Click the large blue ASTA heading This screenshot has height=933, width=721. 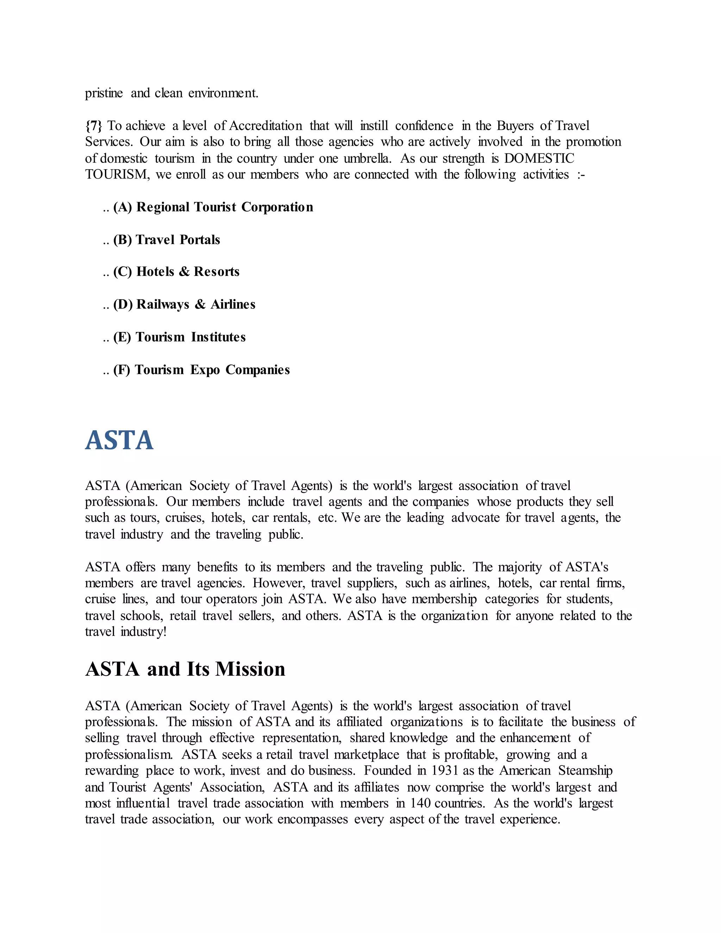pos(119,440)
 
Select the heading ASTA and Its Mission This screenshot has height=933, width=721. pos(185,669)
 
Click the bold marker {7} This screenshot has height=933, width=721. pos(94,126)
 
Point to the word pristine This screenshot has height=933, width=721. pos(104,93)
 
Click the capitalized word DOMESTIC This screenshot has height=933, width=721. pos(539,158)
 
